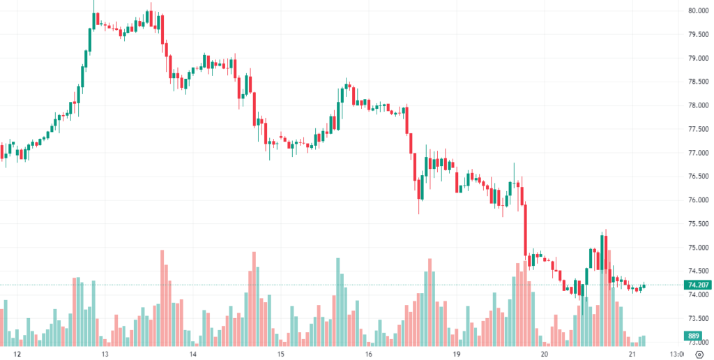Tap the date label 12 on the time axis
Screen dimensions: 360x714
[x=17, y=354]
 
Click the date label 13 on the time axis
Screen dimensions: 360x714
[x=104, y=354]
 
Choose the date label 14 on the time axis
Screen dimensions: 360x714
[x=192, y=354]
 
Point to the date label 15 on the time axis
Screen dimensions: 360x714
[x=280, y=354]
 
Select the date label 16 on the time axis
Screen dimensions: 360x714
[x=368, y=354]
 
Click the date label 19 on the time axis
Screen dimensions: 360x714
[x=457, y=354]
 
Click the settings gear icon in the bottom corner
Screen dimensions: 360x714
[x=698, y=354]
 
